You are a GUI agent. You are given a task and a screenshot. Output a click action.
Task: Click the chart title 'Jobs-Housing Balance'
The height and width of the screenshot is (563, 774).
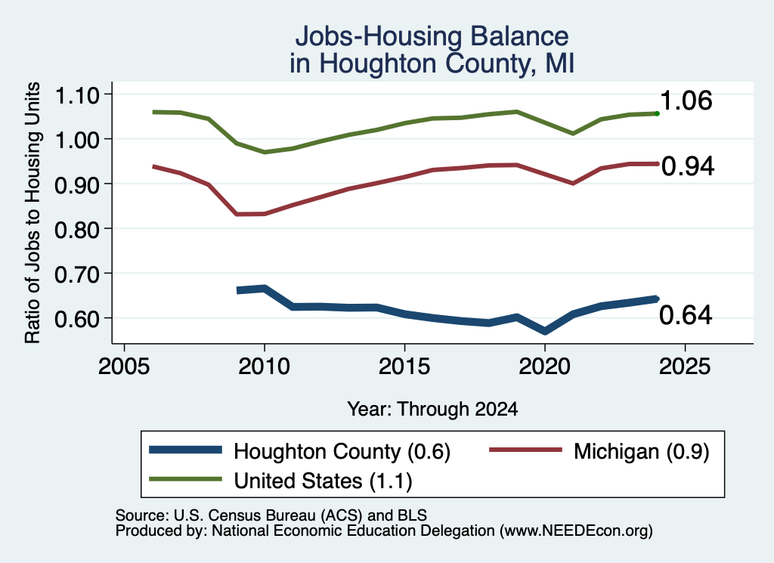coord(432,36)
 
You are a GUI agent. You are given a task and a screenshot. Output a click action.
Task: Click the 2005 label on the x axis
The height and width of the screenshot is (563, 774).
coord(124,367)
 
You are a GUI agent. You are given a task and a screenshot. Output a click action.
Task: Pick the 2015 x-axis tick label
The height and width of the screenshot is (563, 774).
coord(404,367)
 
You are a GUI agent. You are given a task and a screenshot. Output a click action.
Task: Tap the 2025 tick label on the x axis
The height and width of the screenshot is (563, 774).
coord(685,367)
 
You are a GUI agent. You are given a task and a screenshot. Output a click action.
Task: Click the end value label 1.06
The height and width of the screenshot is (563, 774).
coord(686,101)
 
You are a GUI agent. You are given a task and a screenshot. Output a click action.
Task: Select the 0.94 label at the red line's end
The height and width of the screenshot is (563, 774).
coord(688,166)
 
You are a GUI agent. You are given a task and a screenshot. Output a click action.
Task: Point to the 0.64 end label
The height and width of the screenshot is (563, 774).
coord(686,315)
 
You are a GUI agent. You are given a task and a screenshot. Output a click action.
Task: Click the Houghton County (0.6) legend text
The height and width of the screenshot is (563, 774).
coord(342,451)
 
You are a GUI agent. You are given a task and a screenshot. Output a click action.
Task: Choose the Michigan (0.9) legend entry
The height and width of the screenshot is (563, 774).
coord(641,451)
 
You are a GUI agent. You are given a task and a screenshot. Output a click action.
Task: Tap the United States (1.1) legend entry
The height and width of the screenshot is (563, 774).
coord(323,481)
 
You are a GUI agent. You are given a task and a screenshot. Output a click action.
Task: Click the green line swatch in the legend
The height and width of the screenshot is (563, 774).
coord(186,479)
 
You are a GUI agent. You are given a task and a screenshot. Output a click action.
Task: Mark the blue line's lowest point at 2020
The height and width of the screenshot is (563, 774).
coord(545,331)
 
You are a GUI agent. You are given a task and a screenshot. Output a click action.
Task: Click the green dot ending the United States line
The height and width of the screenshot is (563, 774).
coord(657,113)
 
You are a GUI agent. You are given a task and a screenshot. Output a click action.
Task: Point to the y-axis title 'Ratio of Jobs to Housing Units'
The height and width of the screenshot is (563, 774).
coord(32,212)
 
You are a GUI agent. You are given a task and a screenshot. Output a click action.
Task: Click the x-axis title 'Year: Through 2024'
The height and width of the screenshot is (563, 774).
coord(432,409)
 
